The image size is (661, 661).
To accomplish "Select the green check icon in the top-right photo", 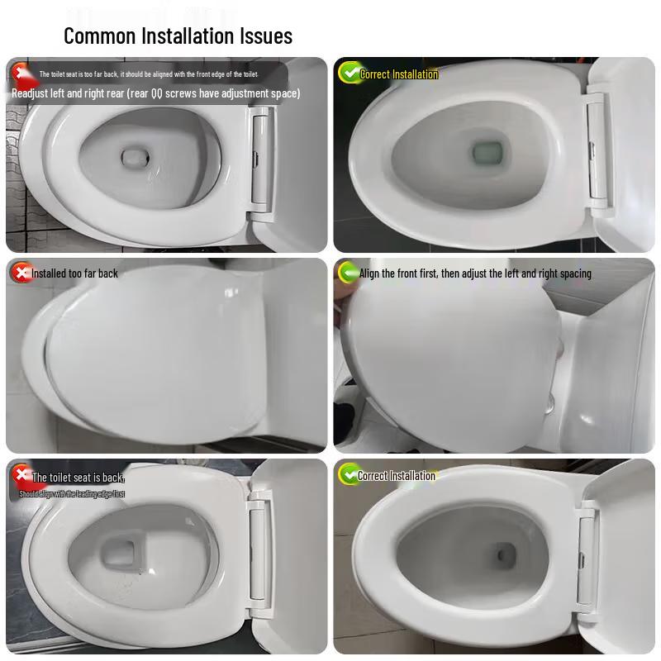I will tap(350, 73).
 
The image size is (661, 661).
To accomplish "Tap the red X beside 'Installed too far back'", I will tap(19, 272).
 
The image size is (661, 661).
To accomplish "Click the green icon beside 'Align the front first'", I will tap(348, 273).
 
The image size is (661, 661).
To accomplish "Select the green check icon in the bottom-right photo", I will tap(349, 474).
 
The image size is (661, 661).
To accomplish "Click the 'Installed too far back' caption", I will tap(75, 273).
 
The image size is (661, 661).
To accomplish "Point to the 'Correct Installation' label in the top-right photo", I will tap(399, 74).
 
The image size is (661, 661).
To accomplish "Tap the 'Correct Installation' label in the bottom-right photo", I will tap(397, 476).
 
